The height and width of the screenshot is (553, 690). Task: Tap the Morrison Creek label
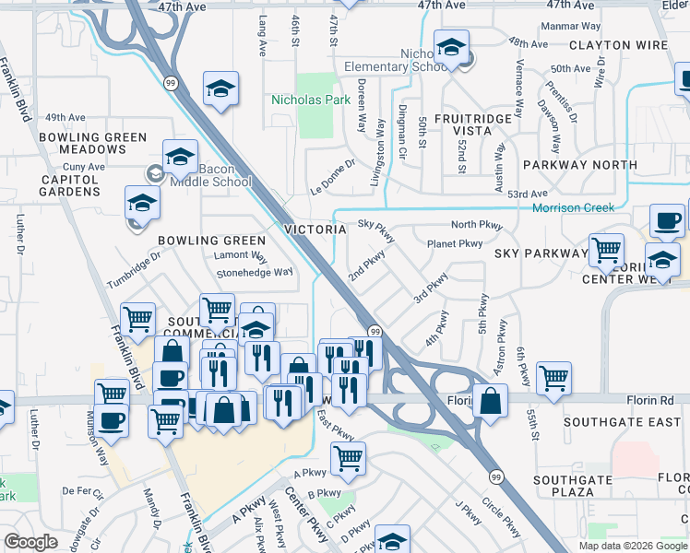pos(573,208)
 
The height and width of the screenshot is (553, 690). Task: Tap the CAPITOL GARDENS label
pos(69,185)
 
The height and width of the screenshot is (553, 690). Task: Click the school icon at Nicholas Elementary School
pos(451,47)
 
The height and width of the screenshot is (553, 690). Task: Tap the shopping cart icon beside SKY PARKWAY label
pos(606,250)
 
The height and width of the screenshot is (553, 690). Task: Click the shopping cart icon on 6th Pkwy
pos(553,377)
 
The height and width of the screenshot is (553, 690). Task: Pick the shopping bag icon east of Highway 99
pos(490,402)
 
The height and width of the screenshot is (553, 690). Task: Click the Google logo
pos(30,542)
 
